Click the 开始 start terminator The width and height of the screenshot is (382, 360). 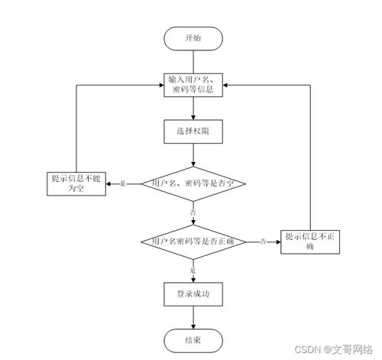193,37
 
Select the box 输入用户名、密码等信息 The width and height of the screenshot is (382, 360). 193,85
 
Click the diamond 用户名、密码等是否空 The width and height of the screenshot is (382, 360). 193,183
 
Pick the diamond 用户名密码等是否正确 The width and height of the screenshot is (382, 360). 193,241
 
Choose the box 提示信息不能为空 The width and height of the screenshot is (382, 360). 75,183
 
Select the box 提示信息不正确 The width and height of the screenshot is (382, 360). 310,242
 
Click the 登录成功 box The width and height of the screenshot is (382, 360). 193,294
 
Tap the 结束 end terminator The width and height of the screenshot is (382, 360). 193,341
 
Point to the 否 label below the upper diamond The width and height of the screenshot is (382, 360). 193,211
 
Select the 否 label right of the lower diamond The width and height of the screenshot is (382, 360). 263,242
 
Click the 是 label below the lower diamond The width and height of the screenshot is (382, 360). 193,270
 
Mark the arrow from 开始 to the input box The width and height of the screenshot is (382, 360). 193,60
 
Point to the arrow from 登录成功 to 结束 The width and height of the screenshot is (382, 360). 193,317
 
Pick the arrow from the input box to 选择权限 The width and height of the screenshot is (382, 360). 193,109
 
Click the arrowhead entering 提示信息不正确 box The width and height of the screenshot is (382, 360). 279,242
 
